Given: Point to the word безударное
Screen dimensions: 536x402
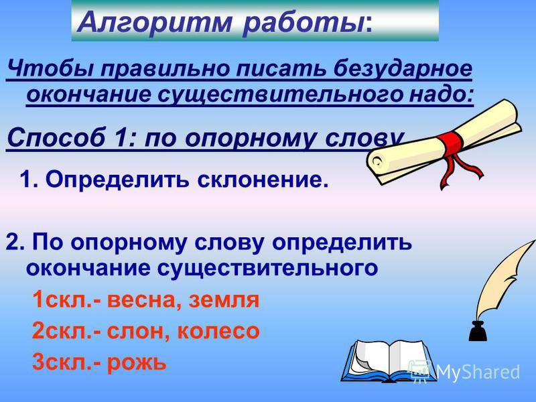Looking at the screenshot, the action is pyautogui.click(x=403, y=69).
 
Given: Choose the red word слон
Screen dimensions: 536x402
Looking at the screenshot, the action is pyautogui.click(x=135, y=331).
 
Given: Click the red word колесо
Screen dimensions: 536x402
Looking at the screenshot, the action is pyautogui.click(x=218, y=331).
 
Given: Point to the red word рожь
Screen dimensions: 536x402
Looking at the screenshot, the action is pyautogui.click(x=137, y=362).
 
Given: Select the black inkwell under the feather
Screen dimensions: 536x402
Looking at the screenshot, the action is pyautogui.click(x=478, y=330).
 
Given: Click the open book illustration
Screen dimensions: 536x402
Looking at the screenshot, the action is pyautogui.click(x=387, y=361).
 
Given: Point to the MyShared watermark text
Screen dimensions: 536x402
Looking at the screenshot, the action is pyautogui.click(x=478, y=372).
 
